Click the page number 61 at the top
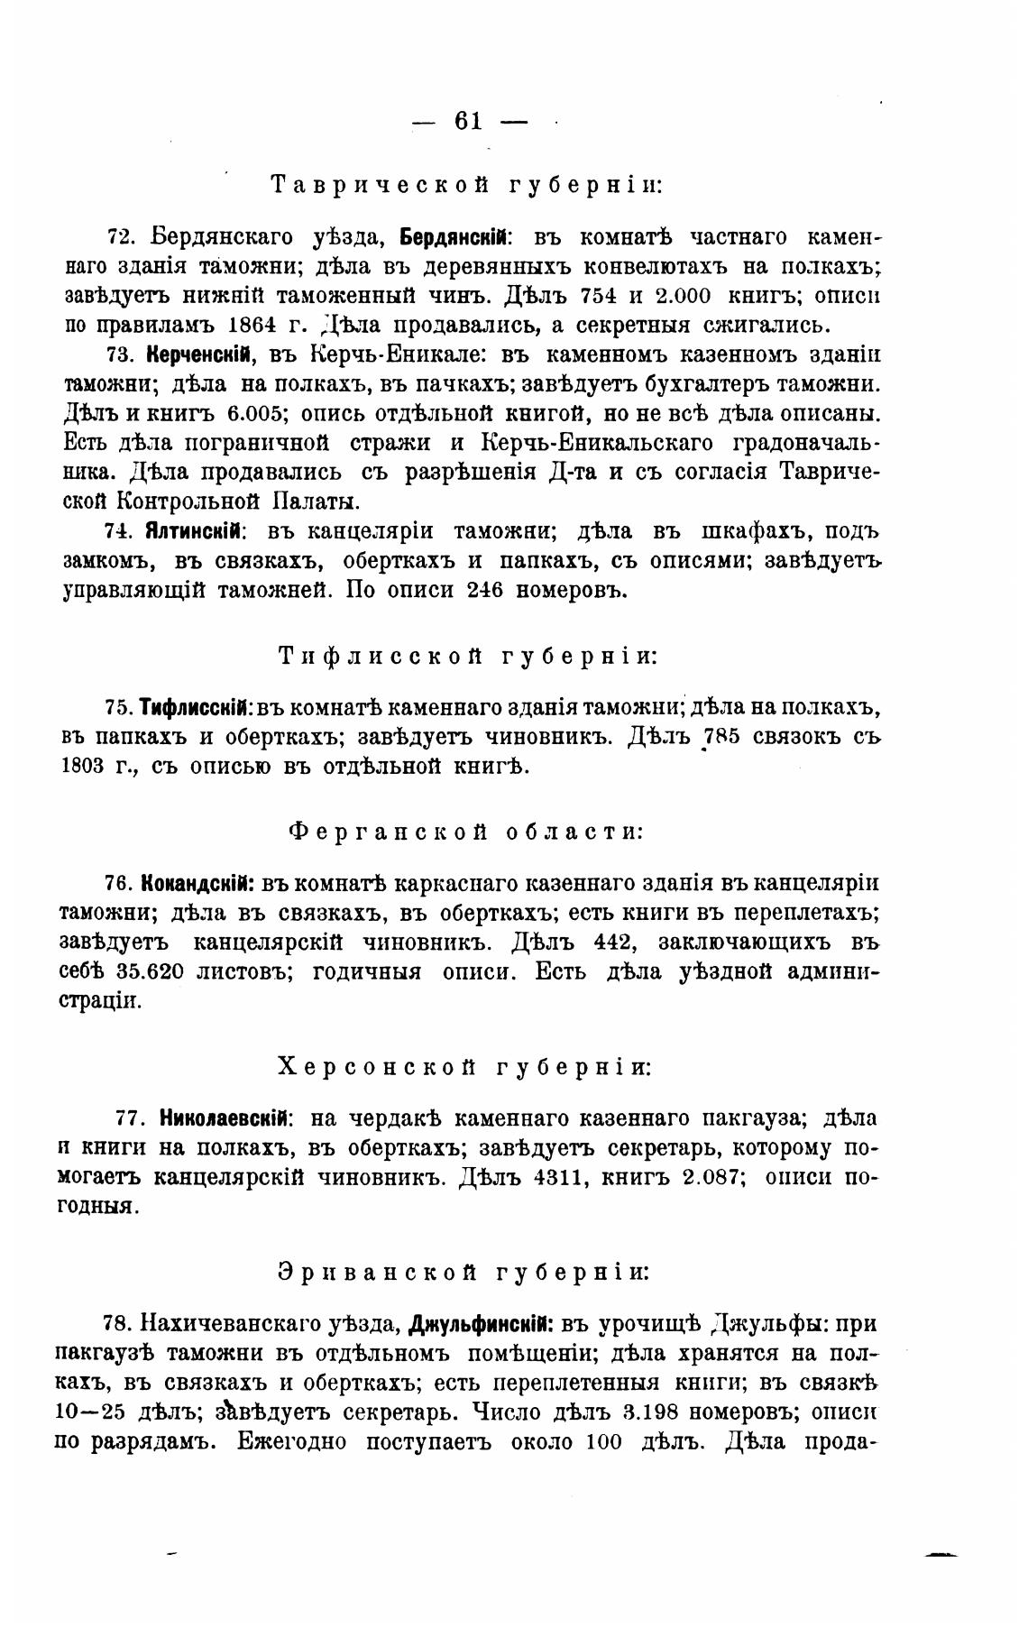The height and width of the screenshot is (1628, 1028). click(468, 121)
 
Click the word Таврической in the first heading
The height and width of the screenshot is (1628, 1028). click(380, 186)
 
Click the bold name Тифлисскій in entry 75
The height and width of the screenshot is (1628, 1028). click(196, 707)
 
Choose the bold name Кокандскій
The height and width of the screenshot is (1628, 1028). click(195, 882)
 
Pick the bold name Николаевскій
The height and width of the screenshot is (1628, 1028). click(225, 1118)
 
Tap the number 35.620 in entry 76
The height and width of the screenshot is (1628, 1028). click(151, 972)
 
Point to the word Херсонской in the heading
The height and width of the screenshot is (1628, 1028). click(377, 1067)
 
